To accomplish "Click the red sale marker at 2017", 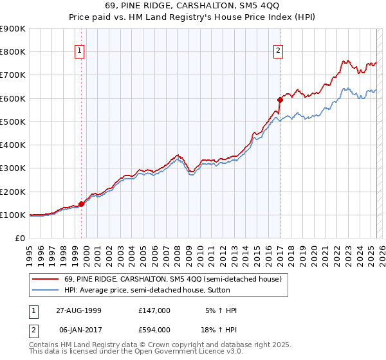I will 280,100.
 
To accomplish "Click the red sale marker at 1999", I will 82,204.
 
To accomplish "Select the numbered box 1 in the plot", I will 79,51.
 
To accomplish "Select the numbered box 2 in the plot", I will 278,51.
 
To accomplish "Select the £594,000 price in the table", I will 154,329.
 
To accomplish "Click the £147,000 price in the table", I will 154,310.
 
